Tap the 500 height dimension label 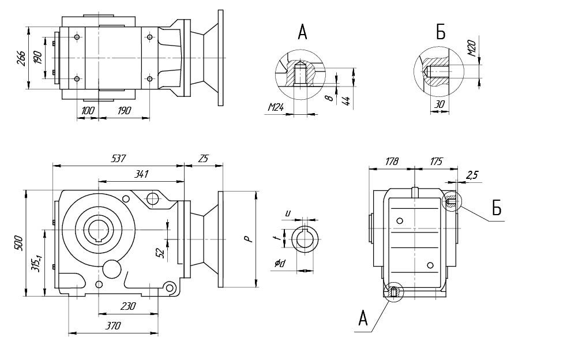(x=18, y=242)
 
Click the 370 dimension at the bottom (x=113, y=326)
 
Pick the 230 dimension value (x=127, y=306)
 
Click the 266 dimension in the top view (x=21, y=58)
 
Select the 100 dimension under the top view (x=88, y=110)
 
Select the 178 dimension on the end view (x=392, y=162)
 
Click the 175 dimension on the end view (x=435, y=162)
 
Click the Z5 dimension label (x=203, y=158)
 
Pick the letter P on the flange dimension (x=247, y=238)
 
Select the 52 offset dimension (x=160, y=252)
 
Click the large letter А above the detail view (x=303, y=33)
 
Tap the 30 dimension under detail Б (x=439, y=104)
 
